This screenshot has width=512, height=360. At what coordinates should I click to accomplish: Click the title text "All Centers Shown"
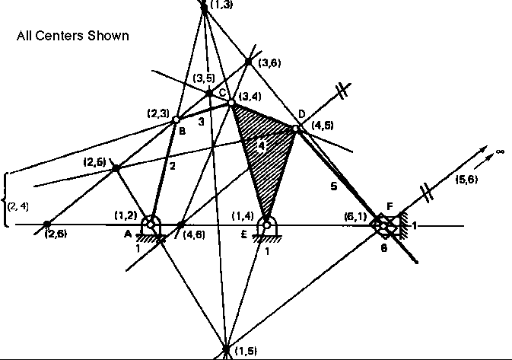coord(73,36)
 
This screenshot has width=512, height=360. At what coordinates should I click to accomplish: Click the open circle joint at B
coord(176,119)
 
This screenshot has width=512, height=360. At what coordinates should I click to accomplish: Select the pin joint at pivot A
coord(153,225)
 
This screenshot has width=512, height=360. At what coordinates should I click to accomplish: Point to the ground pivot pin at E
coord(266,225)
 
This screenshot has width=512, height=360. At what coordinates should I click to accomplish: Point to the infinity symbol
coord(500,152)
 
